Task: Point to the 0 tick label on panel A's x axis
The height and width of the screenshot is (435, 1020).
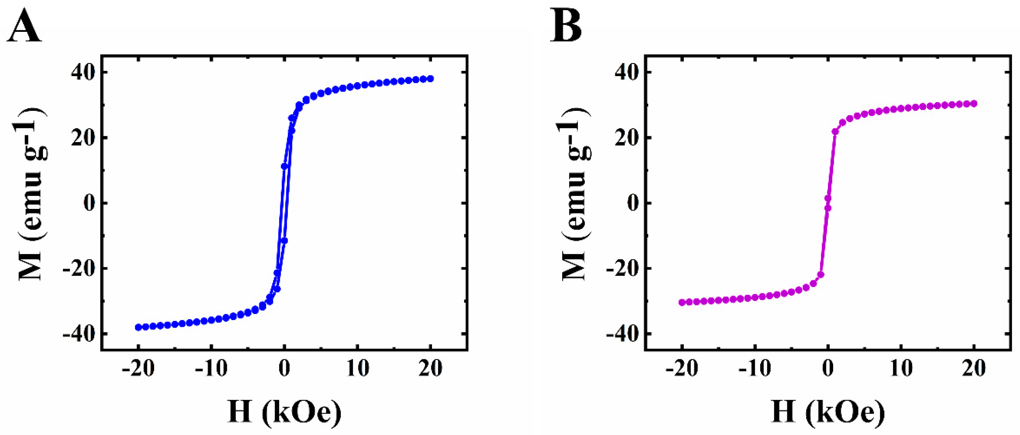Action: (x=284, y=368)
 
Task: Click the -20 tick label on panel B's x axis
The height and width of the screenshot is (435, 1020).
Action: (x=682, y=368)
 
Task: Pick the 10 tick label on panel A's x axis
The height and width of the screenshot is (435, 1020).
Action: (x=358, y=368)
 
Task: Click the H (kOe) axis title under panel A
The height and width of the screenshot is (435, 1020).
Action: (x=284, y=412)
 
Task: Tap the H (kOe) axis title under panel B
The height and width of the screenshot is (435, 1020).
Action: (x=828, y=412)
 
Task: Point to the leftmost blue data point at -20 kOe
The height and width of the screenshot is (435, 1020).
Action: (x=138, y=327)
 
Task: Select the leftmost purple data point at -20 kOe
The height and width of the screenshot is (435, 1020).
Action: (x=682, y=302)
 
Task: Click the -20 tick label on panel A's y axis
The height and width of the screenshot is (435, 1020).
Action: (x=78, y=268)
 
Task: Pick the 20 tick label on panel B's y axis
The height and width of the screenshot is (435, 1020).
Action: (x=627, y=138)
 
